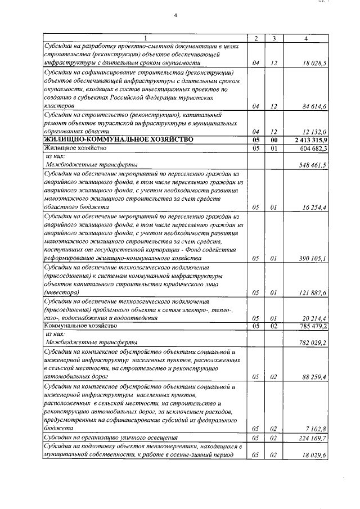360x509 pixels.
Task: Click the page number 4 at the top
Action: pos(175,15)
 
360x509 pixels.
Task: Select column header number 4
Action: pos(305,38)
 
